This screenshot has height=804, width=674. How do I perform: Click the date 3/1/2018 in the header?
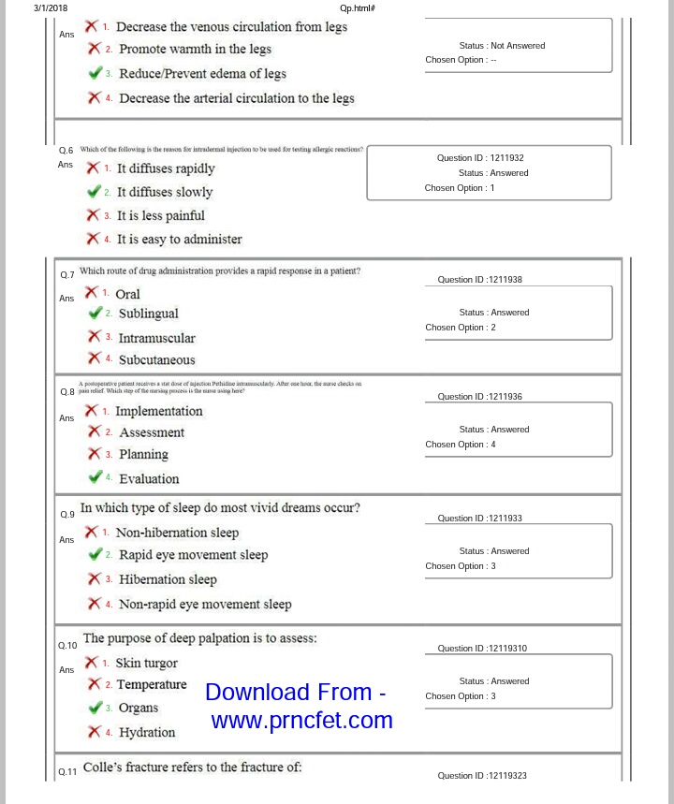point(51,8)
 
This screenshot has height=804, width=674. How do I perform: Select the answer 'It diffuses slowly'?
point(165,192)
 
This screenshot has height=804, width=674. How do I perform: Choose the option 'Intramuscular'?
point(156,338)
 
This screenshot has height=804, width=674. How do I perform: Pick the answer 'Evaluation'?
point(149,478)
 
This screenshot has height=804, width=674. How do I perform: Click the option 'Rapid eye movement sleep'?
point(193,555)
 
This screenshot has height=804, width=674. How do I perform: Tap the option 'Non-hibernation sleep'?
point(177,533)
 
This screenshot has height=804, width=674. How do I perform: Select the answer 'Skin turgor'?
point(146,663)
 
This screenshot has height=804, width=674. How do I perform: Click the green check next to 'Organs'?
point(95,709)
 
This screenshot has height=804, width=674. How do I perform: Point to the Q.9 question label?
point(66,514)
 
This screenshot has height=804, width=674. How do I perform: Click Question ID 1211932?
point(479,158)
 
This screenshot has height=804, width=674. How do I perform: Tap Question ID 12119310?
point(481,648)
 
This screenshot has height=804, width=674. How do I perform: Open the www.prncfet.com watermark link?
point(301,721)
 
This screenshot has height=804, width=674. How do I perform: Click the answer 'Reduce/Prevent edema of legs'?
point(202,73)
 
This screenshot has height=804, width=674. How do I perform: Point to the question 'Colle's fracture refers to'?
point(192,767)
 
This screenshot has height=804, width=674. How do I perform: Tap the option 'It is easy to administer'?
point(179,239)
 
